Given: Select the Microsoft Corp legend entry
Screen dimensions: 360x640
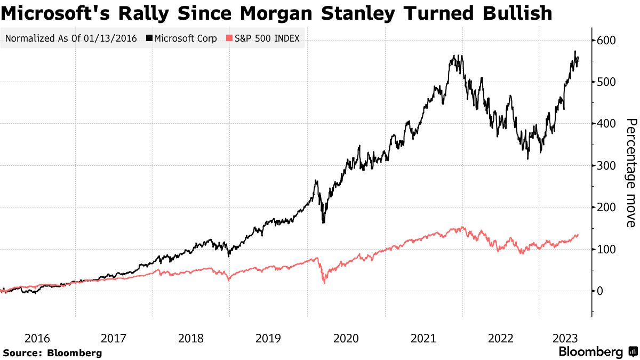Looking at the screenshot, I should click(x=182, y=38).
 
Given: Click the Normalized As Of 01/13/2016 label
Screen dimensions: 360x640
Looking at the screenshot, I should click(x=70, y=38).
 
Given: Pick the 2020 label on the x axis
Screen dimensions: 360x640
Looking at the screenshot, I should click(x=346, y=338).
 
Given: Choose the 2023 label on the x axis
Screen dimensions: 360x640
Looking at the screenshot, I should click(x=565, y=338).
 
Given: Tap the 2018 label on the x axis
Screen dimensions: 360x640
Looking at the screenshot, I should click(x=191, y=338).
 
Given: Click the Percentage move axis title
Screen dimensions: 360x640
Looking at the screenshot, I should click(x=631, y=173).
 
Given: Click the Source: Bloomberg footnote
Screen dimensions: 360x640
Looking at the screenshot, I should click(x=52, y=353).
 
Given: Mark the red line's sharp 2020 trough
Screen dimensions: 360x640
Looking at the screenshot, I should click(x=324, y=283).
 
